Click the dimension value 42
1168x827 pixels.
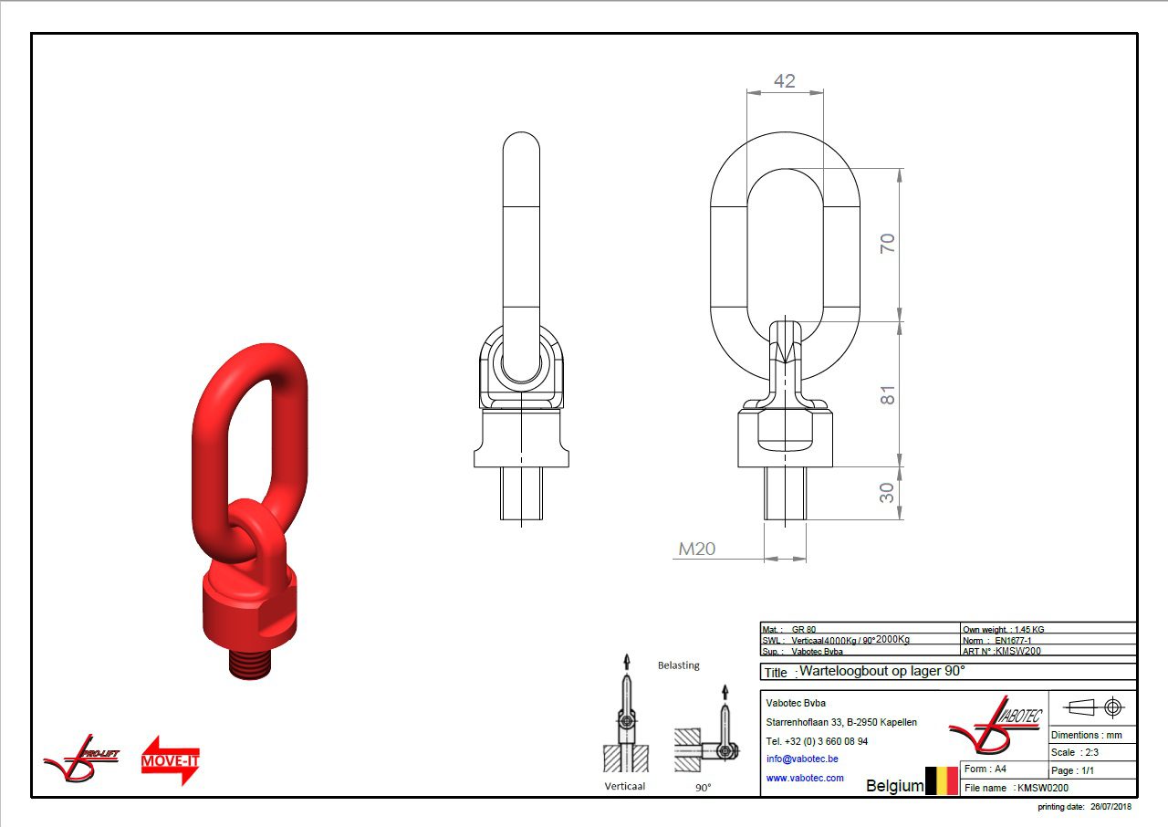(784, 80)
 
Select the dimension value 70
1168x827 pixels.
(887, 244)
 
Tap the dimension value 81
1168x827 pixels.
(887, 394)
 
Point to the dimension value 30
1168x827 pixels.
(887, 493)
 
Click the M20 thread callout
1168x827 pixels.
(696, 549)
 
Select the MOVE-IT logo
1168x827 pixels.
(171, 759)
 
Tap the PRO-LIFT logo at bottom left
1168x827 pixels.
(81, 757)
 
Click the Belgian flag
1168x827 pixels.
(942, 780)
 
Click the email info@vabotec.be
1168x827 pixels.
(802, 759)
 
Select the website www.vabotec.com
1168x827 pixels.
(805, 778)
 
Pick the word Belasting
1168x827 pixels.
(678, 665)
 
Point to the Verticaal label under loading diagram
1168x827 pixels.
(624, 786)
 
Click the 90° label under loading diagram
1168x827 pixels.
(703, 787)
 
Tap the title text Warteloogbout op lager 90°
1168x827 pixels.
(881, 671)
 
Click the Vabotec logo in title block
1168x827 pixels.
(996, 728)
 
